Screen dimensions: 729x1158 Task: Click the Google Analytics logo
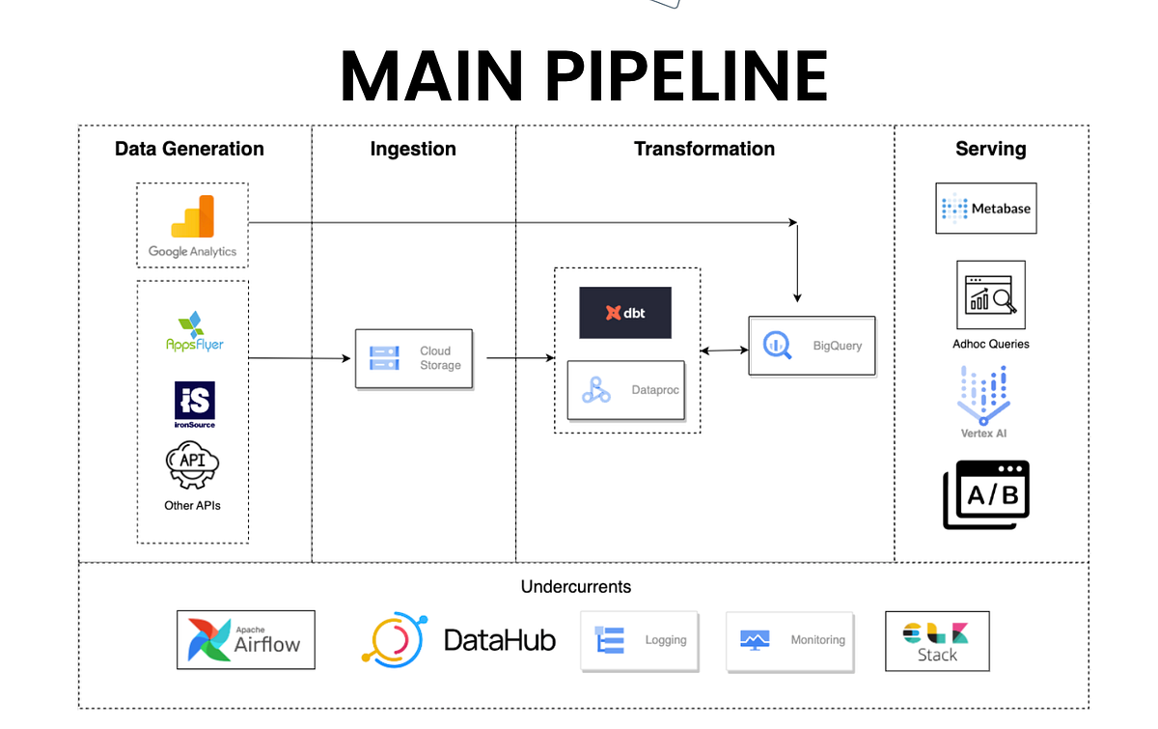click(x=192, y=226)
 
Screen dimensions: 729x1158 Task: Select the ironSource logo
click(x=195, y=404)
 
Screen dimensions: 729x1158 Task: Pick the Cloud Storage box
click(x=414, y=358)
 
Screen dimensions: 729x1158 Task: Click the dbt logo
click(x=625, y=312)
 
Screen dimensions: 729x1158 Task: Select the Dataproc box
click(x=625, y=390)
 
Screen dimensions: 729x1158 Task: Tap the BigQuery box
click(x=813, y=346)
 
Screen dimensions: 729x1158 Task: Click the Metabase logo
click(x=986, y=208)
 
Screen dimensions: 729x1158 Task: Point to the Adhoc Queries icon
click(x=991, y=294)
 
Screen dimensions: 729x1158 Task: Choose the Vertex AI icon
click(x=983, y=395)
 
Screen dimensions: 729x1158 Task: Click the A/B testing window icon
click(x=986, y=494)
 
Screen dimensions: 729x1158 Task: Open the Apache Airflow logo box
click(x=245, y=639)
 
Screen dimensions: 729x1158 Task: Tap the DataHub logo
click(x=458, y=639)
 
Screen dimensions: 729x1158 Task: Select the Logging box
click(x=639, y=640)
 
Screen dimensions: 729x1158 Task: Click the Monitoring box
click(x=790, y=640)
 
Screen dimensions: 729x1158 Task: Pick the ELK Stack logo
click(x=937, y=641)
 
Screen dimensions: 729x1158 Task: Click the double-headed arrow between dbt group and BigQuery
click(x=725, y=350)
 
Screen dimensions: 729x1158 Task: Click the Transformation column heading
click(x=704, y=149)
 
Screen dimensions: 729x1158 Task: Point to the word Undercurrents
click(x=576, y=586)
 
